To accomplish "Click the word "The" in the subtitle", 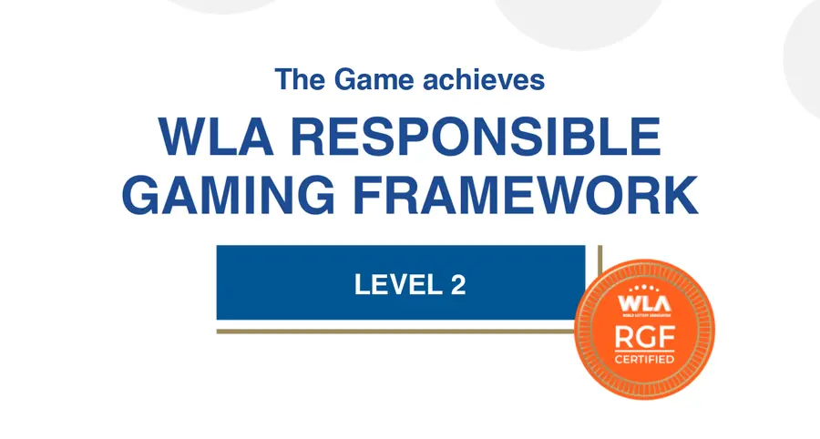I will (x=300, y=80).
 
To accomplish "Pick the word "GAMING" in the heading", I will (x=229, y=193).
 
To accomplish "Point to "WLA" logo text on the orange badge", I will (x=644, y=301).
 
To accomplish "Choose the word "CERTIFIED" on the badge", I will (x=645, y=360).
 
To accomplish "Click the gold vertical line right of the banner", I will (x=599, y=273).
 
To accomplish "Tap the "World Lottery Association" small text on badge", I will (x=644, y=314).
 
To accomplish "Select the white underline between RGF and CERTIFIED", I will (x=645, y=351).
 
